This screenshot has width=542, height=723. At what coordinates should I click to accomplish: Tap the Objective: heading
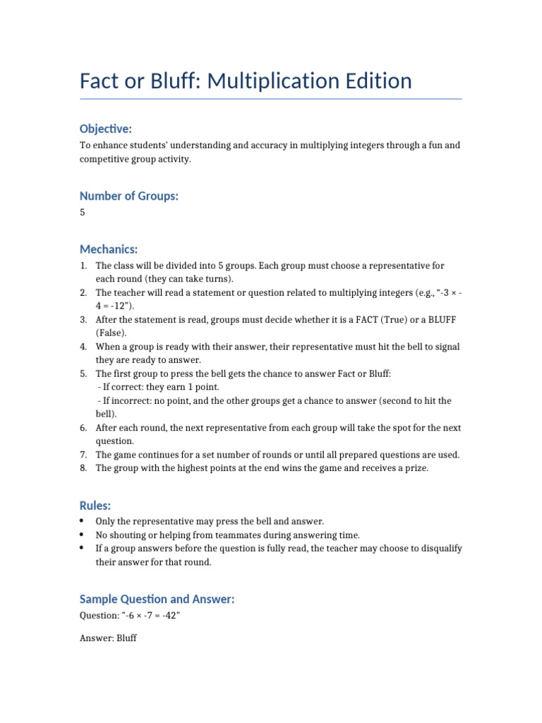coord(106,129)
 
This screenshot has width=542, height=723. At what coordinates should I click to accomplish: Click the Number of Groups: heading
coord(129,196)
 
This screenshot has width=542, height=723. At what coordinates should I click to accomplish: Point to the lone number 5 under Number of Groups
coord(83,213)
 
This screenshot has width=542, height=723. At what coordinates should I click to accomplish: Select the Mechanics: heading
coord(109,249)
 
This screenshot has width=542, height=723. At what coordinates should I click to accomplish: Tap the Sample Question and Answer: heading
coord(157,599)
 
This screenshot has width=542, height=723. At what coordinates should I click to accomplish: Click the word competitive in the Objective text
coord(107,160)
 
